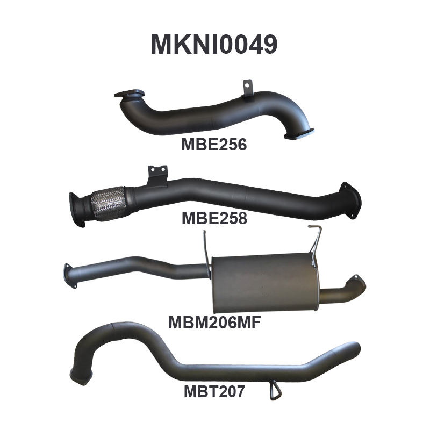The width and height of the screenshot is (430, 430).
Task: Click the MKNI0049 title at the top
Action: point(214,45)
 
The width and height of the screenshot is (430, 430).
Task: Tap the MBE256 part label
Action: point(214,145)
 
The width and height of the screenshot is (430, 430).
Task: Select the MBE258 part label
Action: point(214,218)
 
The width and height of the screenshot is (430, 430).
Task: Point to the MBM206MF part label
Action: point(214,322)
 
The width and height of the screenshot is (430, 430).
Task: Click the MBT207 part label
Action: point(214,391)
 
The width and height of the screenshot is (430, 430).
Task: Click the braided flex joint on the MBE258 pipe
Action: point(107,203)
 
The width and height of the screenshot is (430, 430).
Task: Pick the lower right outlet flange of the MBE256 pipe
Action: point(299,134)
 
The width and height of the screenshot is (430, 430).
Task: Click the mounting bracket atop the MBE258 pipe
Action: point(157,176)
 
